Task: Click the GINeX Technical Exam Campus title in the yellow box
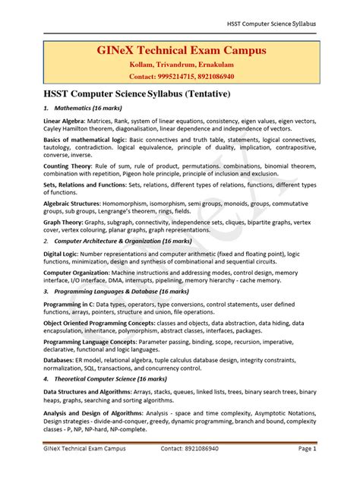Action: click(179, 52)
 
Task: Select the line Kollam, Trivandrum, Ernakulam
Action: click(179, 66)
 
